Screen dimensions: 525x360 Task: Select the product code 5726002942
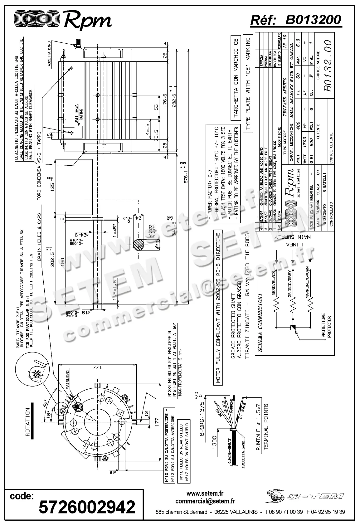click(x=87, y=507)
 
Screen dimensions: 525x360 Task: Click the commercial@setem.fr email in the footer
click(x=205, y=501)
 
